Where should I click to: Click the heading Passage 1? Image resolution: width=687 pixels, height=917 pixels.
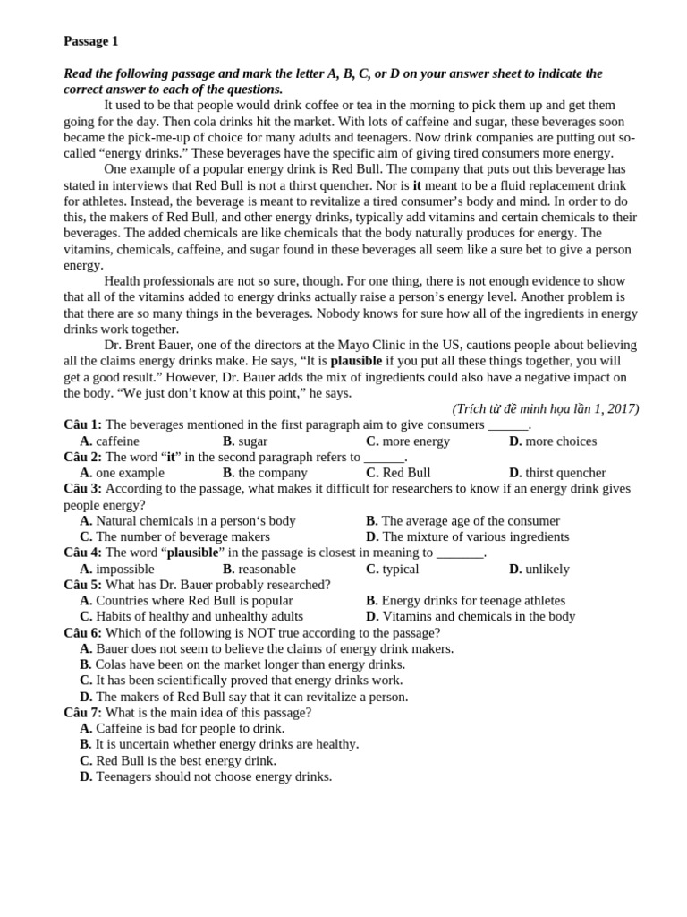click(90, 41)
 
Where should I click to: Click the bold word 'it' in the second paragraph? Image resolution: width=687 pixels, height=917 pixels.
click(417, 185)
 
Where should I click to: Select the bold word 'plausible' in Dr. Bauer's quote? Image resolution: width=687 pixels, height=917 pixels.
click(356, 361)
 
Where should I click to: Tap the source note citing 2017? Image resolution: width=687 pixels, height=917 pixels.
click(545, 408)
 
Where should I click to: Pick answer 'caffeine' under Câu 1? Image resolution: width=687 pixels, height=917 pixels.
click(117, 441)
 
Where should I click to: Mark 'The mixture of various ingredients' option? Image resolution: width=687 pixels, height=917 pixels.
click(475, 536)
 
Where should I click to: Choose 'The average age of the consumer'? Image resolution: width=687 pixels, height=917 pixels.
click(471, 520)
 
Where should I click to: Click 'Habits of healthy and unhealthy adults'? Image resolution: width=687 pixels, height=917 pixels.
click(199, 616)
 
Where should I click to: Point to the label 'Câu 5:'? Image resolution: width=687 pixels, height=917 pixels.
click(82, 584)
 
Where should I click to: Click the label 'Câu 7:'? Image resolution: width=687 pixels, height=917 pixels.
click(82, 712)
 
